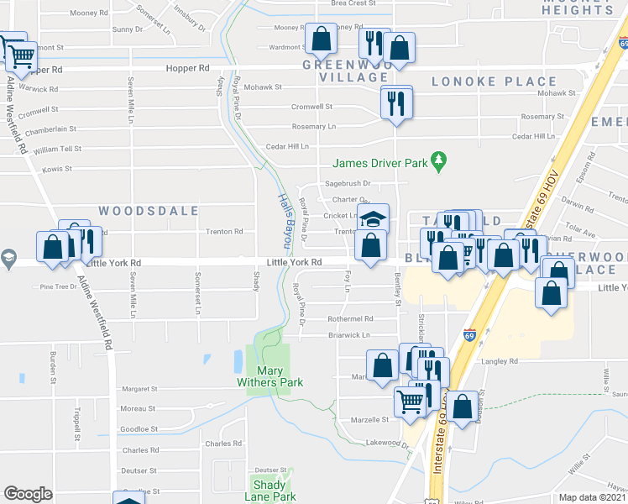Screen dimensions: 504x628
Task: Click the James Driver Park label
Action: tap(380, 163)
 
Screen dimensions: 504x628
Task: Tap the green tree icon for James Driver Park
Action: tap(437, 160)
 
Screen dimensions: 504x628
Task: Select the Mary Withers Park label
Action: tap(269, 376)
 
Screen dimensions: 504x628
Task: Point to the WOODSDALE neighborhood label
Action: tap(149, 211)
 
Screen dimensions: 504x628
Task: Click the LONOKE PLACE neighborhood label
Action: tap(494, 81)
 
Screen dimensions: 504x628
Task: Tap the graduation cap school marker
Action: tap(373, 218)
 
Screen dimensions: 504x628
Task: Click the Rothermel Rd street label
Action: tap(350, 319)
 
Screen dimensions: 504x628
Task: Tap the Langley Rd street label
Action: tap(501, 362)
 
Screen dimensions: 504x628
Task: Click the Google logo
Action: tap(28, 493)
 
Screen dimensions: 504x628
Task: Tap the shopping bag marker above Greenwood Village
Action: tap(321, 38)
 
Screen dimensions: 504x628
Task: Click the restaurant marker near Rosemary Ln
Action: tap(395, 102)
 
